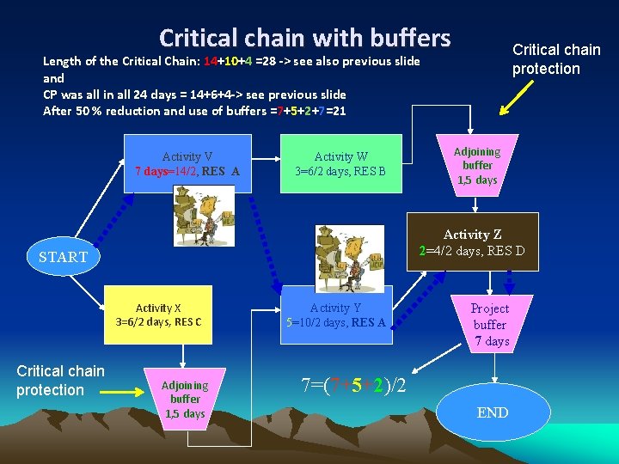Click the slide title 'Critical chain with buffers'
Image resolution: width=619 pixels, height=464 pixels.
(x=304, y=38)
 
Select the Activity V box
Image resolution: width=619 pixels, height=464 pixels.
(x=187, y=163)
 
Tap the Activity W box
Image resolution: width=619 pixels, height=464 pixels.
(x=340, y=163)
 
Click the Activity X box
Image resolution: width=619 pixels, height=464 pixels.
(x=158, y=315)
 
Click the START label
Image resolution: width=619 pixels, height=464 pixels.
(x=63, y=257)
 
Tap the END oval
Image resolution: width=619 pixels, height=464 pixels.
(x=493, y=413)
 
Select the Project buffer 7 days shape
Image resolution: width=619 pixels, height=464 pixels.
(x=490, y=325)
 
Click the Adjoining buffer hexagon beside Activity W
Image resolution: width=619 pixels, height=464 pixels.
(x=477, y=165)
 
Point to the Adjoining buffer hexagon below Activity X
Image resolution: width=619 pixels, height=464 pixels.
(x=185, y=399)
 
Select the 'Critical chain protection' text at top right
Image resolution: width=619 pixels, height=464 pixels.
(x=556, y=59)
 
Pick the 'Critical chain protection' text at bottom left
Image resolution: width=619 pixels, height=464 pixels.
(x=60, y=381)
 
